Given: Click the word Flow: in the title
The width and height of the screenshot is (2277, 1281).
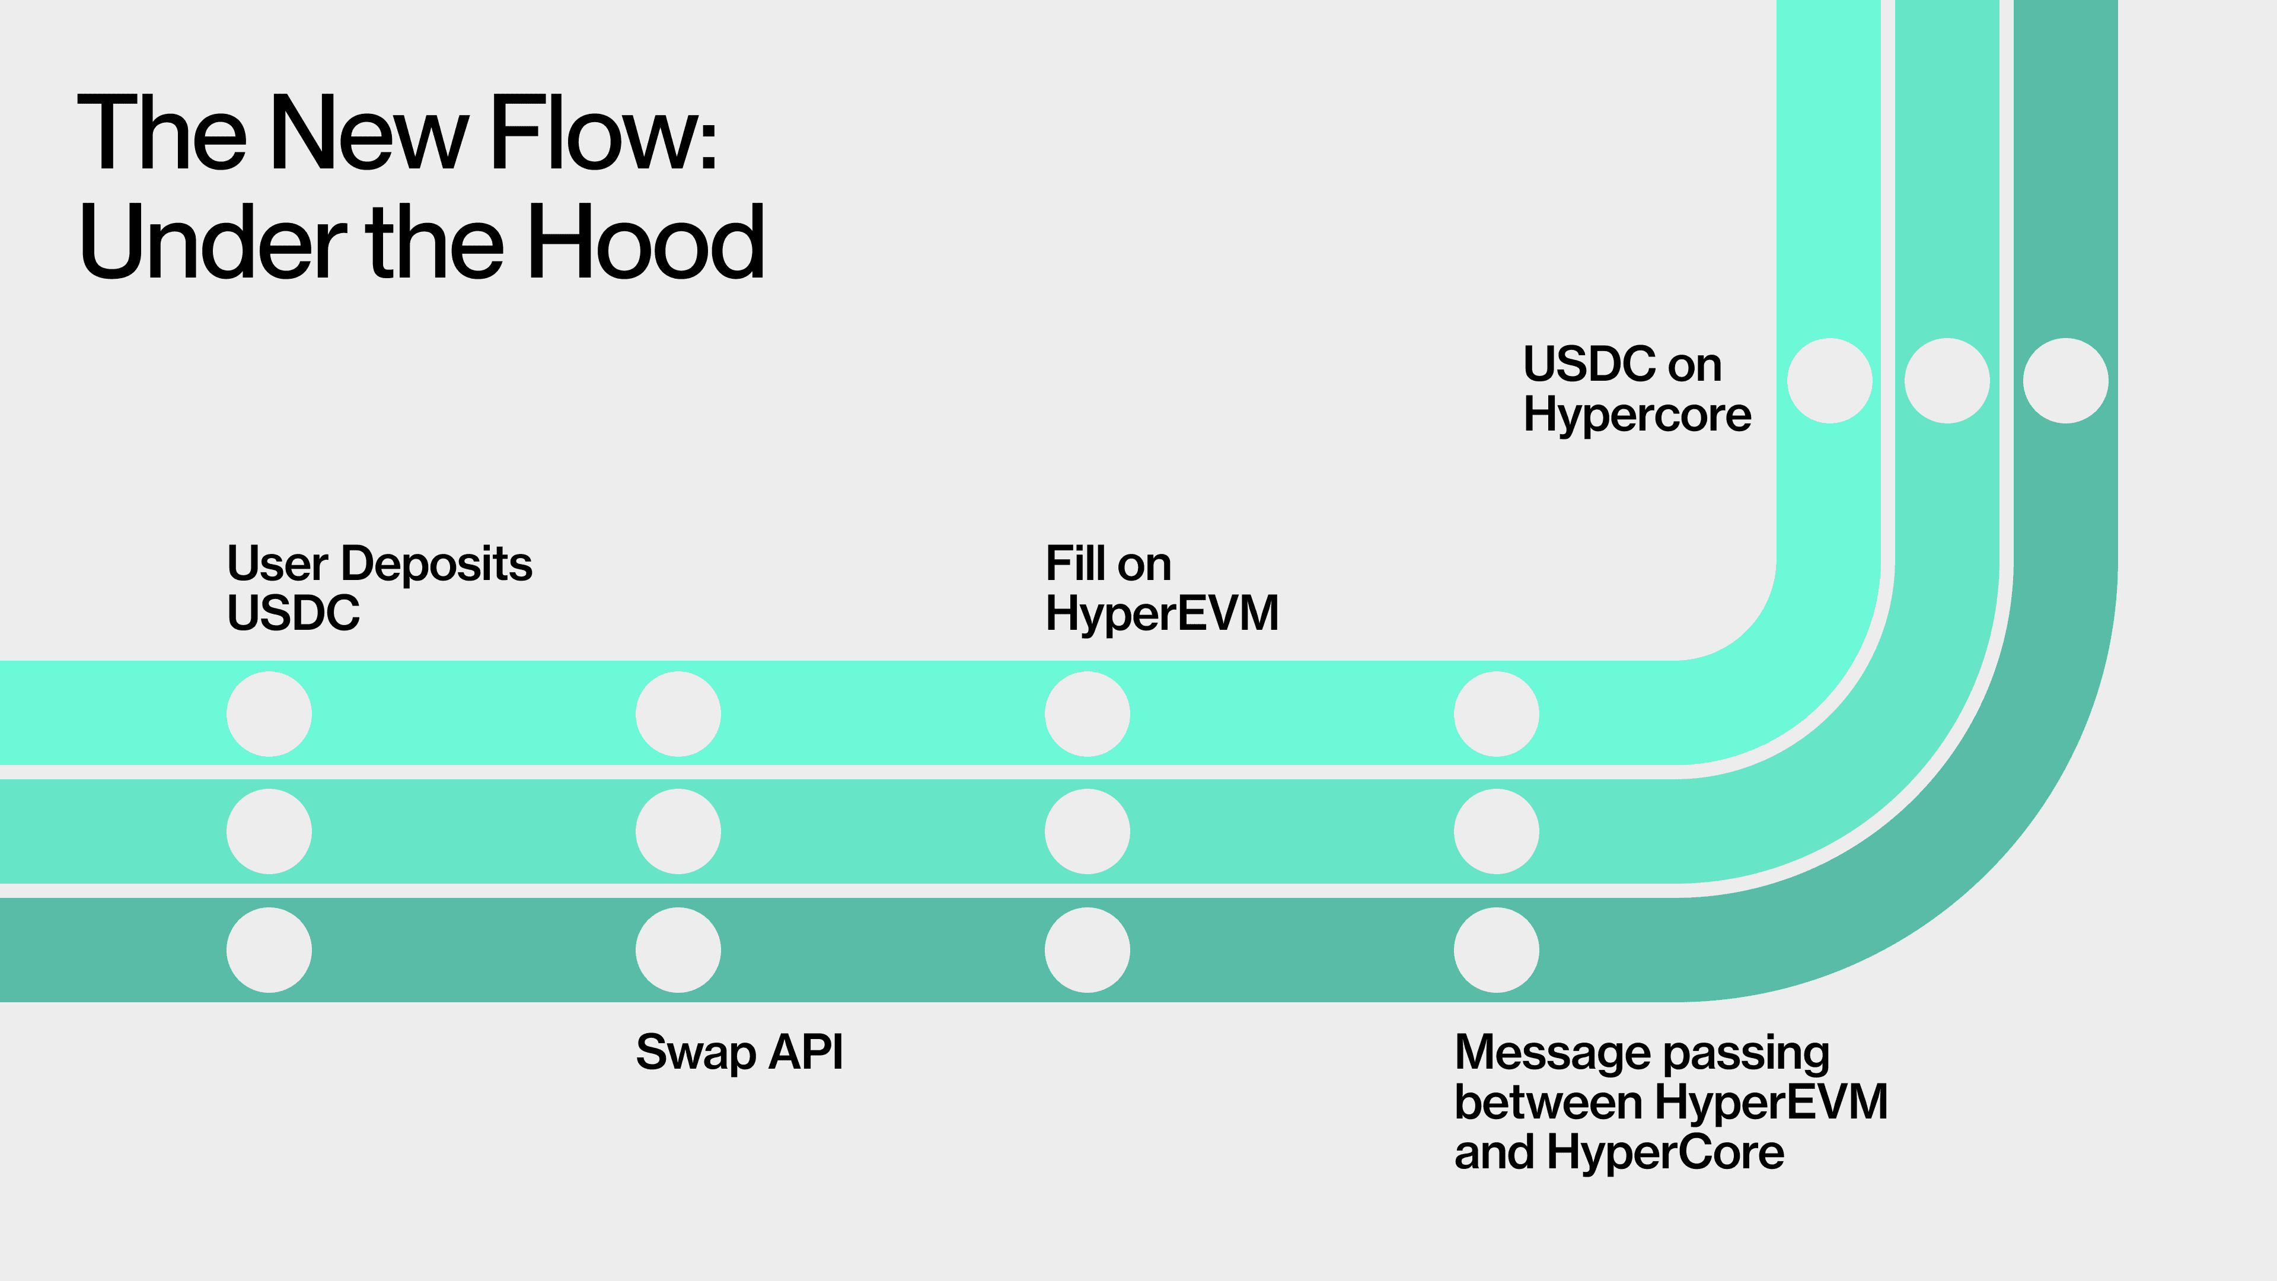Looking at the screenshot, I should tap(603, 135).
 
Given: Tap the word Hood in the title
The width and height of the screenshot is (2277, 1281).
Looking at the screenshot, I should tap(645, 242).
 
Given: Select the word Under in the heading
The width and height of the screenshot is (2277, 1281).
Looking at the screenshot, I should tap(212, 242).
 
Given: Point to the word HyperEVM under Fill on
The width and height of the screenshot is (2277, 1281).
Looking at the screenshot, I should tap(1162, 614).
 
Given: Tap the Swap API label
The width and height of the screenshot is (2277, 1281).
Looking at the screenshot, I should tap(739, 1052).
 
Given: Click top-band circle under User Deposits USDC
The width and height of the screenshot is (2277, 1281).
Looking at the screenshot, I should tap(269, 713).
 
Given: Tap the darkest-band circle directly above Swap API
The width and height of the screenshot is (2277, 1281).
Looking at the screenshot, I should tap(678, 949).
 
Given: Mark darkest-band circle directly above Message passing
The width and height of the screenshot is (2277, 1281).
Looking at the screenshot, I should tap(1495, 949).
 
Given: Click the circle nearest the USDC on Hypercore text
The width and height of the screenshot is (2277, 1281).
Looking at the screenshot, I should tap(1829, 380).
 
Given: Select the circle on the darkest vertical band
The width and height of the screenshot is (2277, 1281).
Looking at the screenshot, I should tap(2065, 380).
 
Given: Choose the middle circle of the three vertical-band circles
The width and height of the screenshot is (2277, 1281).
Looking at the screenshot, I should tap(1946, 380).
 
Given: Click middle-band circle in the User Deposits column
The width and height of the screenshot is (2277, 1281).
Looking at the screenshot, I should tap(269, 831).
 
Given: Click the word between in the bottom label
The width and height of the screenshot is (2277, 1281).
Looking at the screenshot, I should tap(1548, 1102).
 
